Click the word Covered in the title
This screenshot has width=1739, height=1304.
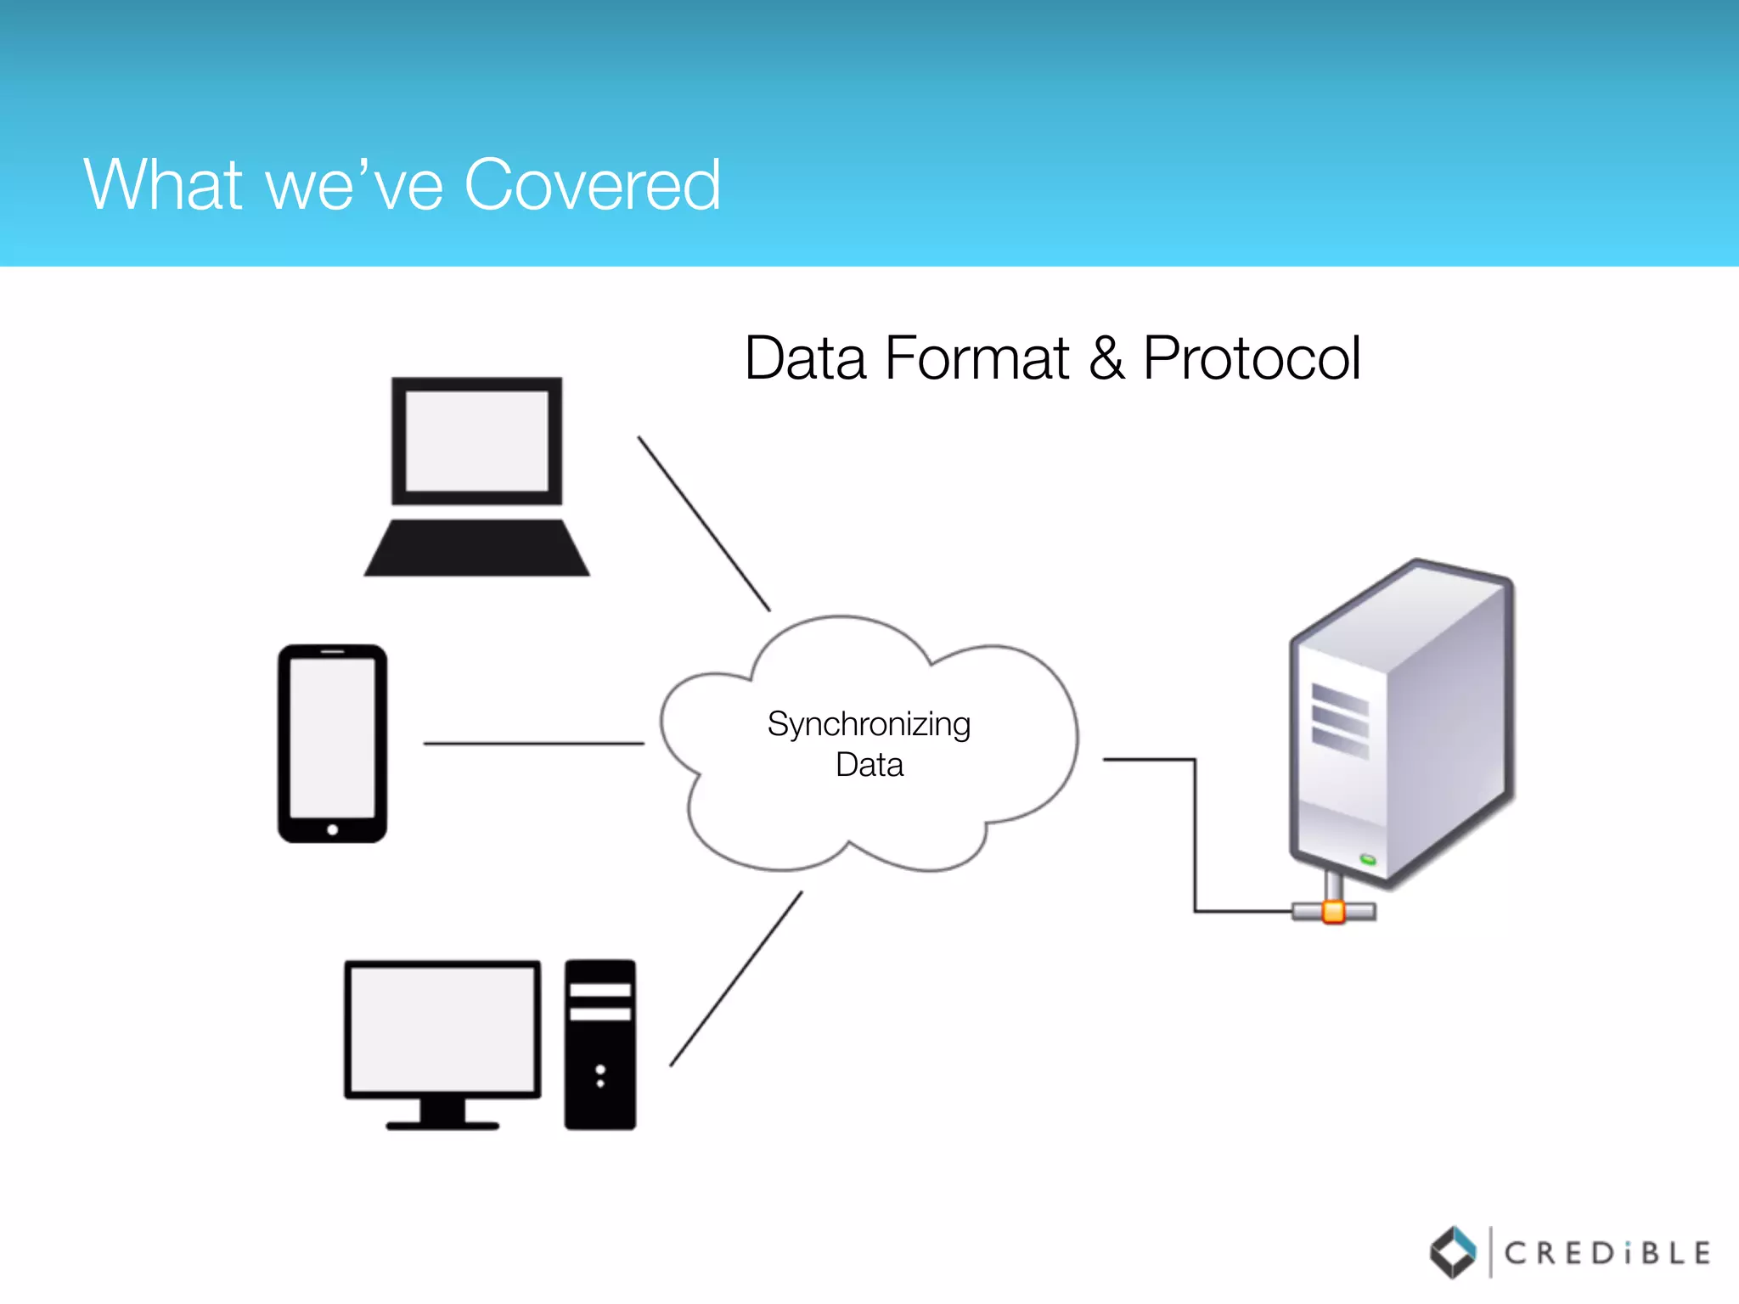(x=593, y=184)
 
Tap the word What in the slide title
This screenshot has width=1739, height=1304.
(x=164, y=184)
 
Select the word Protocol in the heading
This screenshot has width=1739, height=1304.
(x=1252, y=358)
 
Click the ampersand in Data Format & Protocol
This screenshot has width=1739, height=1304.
(x=1106, y=358)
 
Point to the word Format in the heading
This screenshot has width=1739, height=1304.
(x=976, y=358)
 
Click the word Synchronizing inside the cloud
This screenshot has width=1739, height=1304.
(x=869, y=724)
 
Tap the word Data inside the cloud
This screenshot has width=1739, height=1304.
(x=869, y=765)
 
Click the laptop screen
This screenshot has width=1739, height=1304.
(x=476, y=441)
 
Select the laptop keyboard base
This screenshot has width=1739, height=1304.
(x=476, y=548)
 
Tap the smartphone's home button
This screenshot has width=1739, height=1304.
(x=333, y=829)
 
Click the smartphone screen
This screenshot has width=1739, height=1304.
(x=332, y=737)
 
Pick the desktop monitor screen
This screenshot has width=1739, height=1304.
(x=442, y=1029)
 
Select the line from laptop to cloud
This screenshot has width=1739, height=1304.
(x=704, y=524)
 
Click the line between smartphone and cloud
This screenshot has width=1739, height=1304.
(x=533, y=744)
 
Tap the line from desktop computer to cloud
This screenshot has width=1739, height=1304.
(x=735, y=979)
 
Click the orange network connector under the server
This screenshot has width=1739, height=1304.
(x=1334, y=912)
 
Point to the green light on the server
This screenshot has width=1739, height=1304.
(x=1368, y=860)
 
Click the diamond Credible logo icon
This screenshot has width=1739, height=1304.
(x=1454, y=1252)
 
